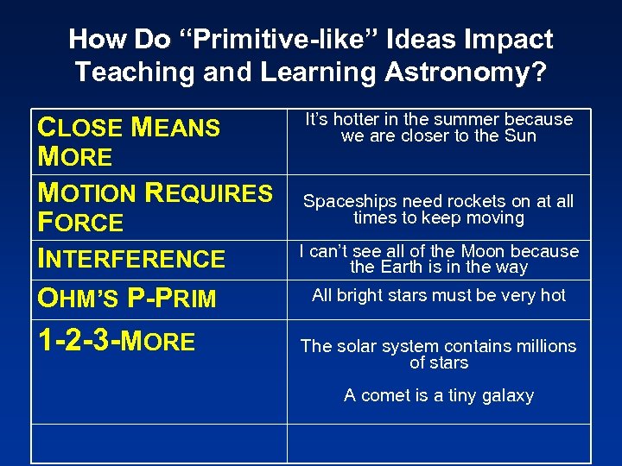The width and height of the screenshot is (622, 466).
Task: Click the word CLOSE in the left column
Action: [81, 128]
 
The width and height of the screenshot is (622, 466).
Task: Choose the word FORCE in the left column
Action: [80, 223]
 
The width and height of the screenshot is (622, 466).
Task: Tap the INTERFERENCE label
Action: [131, 259]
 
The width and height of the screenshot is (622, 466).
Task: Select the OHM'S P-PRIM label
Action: [126, 298]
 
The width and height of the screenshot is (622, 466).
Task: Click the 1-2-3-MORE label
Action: [117, 341]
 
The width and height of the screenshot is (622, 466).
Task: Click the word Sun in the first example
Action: [520, 135]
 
